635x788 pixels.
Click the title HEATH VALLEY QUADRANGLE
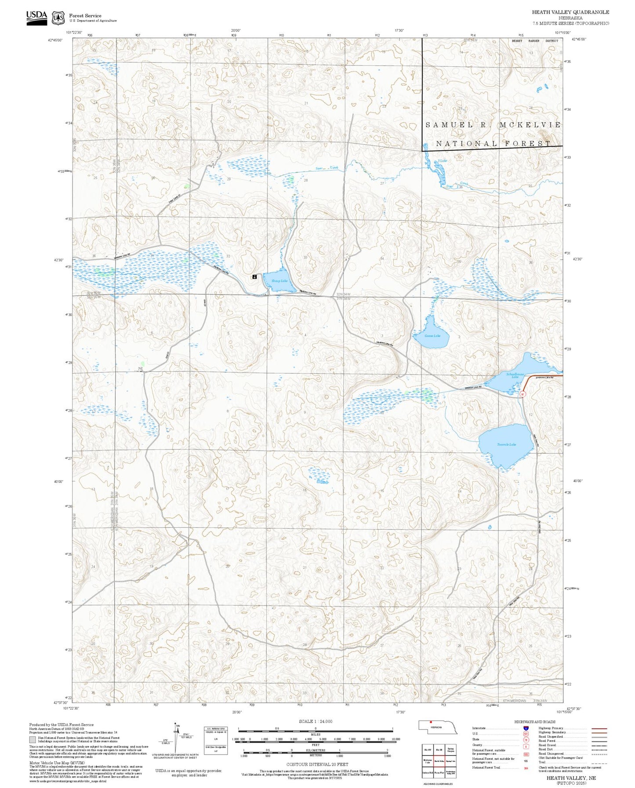click(x=570, y=12)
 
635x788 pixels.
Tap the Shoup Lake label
click(x=279, y=281)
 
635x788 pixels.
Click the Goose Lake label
click(x=432, y=336)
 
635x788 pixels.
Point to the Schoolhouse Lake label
click(x=515, y=376)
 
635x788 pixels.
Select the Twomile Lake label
click(x=506, y=444)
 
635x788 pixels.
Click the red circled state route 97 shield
click(x=523, y=394)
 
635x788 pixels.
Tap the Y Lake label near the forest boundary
click(x=442, y=161)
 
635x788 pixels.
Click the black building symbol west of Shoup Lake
click(x=254, y=277)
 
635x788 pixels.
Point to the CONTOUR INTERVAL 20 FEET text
click(x=317, y=764)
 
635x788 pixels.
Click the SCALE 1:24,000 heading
click(x=315, y=721)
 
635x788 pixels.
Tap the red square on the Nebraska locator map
click(x=431, y=722)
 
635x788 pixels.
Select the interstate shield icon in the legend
click(x=526, y=728)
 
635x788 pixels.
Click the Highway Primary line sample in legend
click(x=599, y=728)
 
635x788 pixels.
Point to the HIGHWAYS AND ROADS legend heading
click(x=534, y=722)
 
